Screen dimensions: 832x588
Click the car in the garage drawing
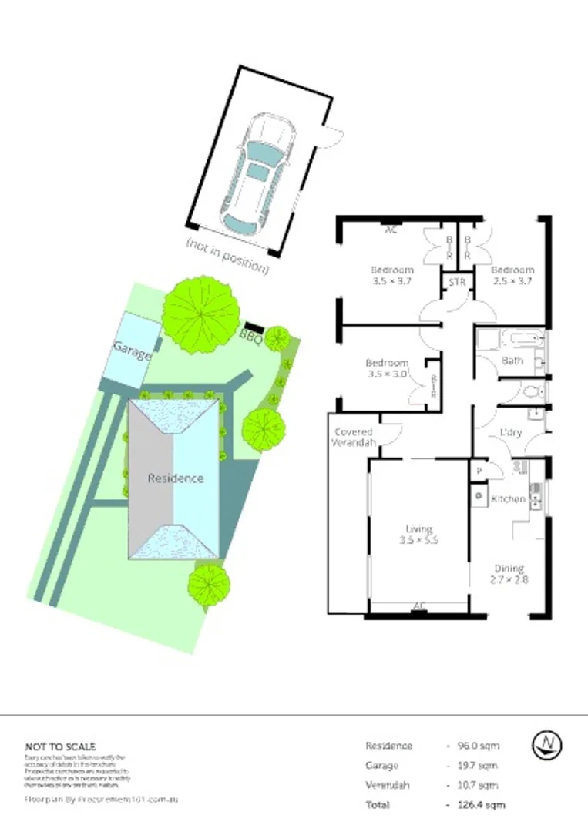[258, 176]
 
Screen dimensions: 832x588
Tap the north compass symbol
[547, 743]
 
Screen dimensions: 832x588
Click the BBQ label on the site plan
[250, 336]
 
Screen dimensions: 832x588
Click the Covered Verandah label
[354, 438]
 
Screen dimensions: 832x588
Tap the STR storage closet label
[457, 283]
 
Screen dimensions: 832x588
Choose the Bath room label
[512, 361]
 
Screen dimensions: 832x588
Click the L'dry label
[511, 433]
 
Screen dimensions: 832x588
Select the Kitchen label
[509, 499]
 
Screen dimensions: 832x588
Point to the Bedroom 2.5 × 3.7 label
[512, 276]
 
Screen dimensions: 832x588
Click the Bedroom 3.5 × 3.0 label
[387, 369]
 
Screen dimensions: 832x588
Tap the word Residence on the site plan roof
[176, 478]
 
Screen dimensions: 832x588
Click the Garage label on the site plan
[133, 351]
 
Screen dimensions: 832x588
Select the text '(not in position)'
[227, 256]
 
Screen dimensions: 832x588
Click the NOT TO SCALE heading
[61, 746]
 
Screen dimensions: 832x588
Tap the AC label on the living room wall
[419, 606]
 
